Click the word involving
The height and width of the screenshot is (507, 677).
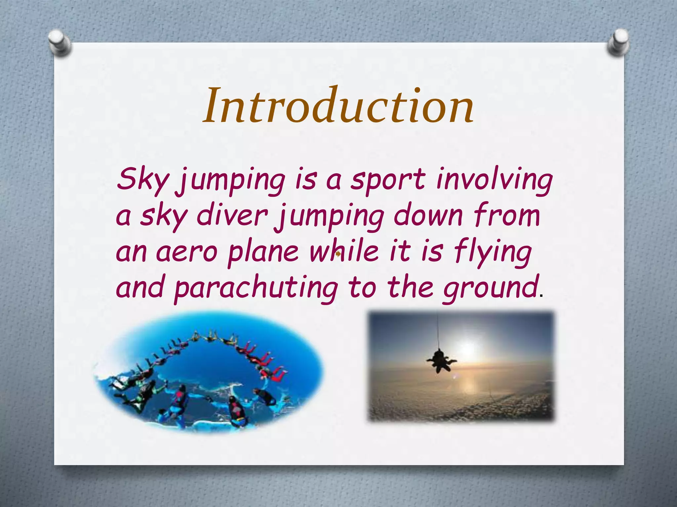[494, 180]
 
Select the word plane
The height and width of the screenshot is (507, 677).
[263, 253]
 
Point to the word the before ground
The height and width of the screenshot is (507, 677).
[410, 287]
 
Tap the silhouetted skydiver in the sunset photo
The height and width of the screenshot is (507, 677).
[441, 361]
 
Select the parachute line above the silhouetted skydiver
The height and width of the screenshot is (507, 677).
[439, 332]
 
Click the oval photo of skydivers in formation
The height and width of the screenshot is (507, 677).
[208, 371]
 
